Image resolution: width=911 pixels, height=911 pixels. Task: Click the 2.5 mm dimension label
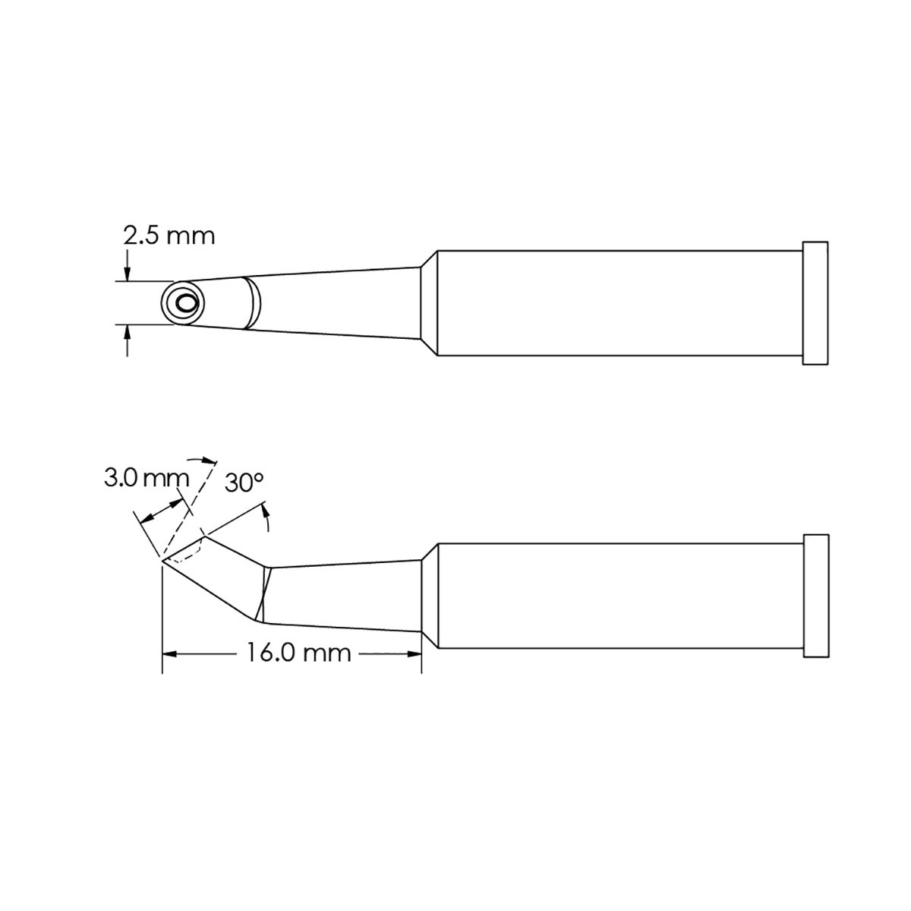tap(169, 236)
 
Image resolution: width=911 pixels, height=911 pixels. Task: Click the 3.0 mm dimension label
tap(146, 479)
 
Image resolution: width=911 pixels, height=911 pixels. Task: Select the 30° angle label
tap(244, 482)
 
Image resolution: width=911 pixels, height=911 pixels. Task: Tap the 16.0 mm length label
tap(298, 652)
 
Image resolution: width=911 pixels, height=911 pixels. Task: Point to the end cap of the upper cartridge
tap(815, 302)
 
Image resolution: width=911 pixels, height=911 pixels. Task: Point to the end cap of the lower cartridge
tap(815, 596)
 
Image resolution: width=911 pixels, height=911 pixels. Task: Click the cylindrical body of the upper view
tap(619, 302)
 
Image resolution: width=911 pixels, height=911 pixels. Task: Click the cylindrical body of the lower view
tap(619, 596)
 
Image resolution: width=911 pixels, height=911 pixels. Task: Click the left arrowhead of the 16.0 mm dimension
tap(169, 652)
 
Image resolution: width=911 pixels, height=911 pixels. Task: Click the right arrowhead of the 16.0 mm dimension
tap(415, 652)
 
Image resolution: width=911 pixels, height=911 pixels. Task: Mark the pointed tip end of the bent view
tap(163, 561)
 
